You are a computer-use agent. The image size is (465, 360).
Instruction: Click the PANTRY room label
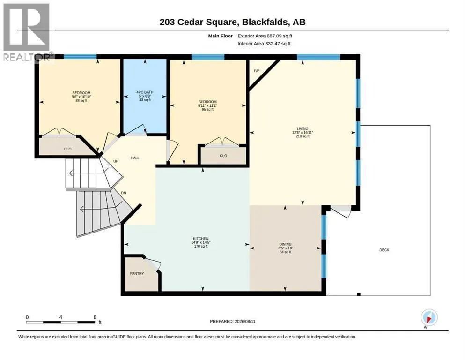point(137,273)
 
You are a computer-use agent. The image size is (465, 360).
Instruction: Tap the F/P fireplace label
point(257,71)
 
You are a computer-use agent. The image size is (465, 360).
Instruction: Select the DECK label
point(384,250)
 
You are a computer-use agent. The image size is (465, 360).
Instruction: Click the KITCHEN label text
point(201,239)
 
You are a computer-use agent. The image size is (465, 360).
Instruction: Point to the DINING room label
point(285,244)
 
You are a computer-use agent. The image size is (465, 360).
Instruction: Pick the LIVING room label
point(303,129)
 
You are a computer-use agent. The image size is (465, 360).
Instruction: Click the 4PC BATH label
point(145,92)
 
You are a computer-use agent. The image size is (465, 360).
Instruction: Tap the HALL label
point(135,158)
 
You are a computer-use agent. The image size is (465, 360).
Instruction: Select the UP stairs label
point(116,161)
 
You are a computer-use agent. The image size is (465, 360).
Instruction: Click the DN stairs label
point(124,193)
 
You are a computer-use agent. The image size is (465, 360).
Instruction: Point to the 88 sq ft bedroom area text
point(81,101)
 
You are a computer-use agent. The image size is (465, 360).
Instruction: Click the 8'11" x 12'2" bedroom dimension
point(207,105)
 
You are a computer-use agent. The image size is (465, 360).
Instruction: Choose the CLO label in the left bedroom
point(67,149)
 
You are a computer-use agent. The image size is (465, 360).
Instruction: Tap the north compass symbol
point(429,318)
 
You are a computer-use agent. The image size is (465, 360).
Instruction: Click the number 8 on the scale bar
point(95,317)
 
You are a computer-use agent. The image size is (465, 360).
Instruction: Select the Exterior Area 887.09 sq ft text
point(265,36)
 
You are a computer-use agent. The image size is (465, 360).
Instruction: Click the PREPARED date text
point(232,321)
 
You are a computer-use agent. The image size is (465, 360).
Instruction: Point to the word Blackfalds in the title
point(265,22)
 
